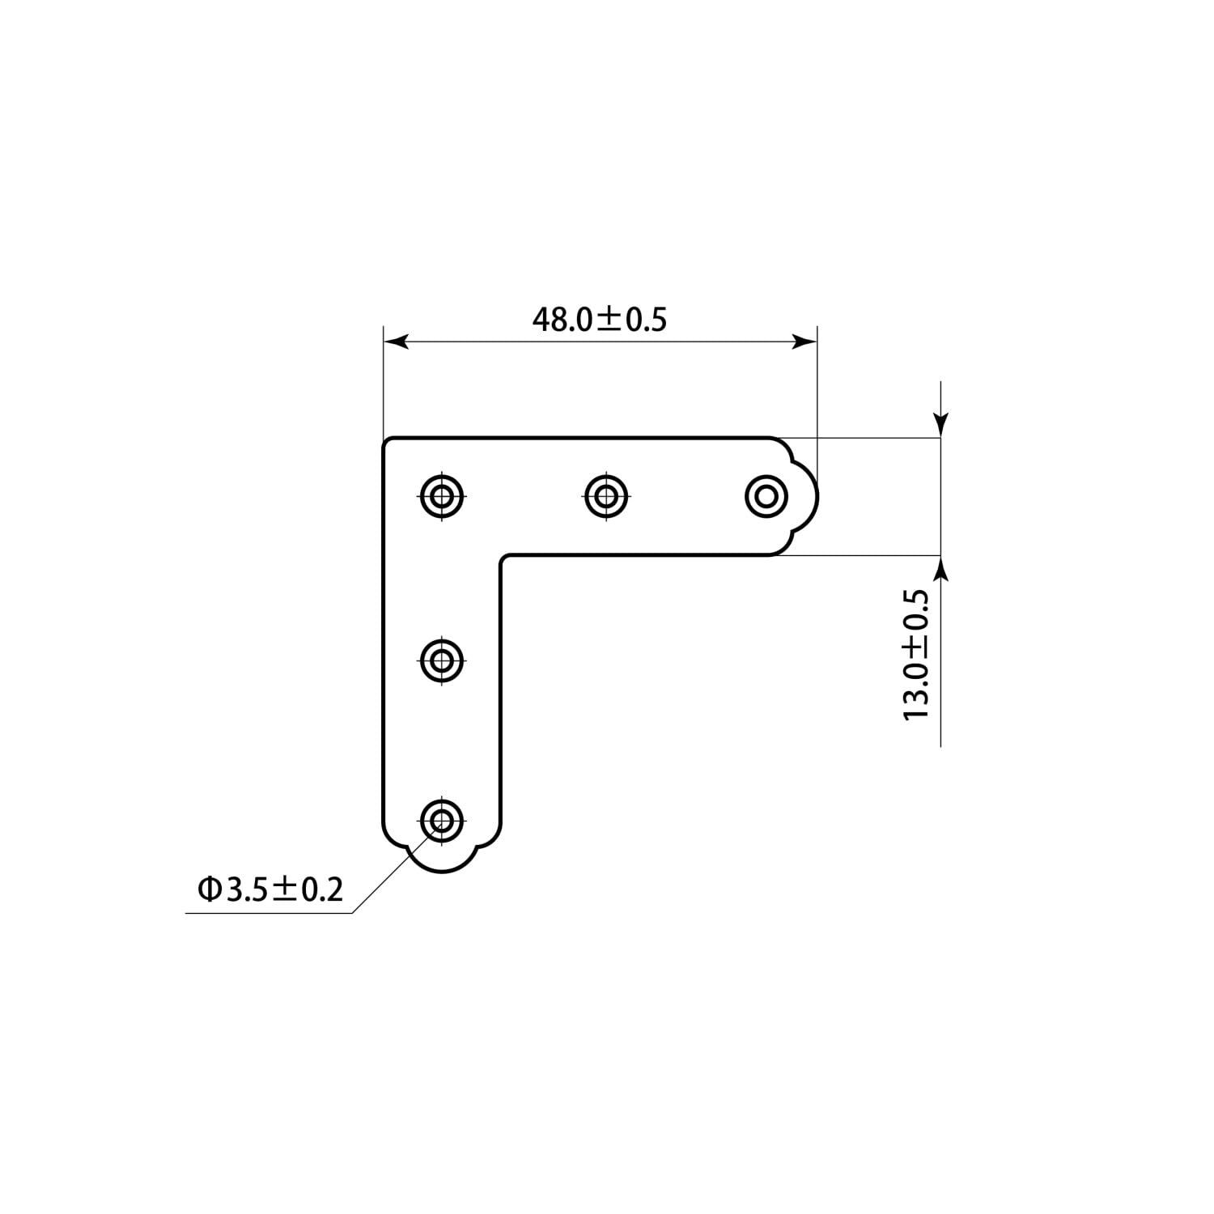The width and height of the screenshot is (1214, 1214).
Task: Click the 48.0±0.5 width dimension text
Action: pyautogui.click(x=599, y=320)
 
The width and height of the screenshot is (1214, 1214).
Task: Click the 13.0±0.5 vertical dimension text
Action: pyautogui.click(x=916, y=655)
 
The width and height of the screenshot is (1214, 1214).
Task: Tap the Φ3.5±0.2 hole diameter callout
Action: pyautogui.click(x=270, y=890)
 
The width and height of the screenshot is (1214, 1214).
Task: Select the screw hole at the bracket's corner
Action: pyautogui.click(x=442, y=494)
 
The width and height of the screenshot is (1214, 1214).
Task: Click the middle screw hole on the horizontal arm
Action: pyautogui.click(x=605, y=494)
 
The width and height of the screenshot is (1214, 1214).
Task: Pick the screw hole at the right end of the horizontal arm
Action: pyautogui.click(x=766, y=494)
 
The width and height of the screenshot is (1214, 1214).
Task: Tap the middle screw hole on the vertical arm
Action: pyautogui.click(x=442, y=660)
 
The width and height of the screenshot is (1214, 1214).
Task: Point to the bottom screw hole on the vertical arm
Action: pyautogui.click(x=442, y=821)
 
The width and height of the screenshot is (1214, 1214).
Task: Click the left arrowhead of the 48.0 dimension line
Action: pyautogui.click(x=396, y=342)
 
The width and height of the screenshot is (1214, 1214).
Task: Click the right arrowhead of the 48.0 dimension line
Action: pyautogui.click(x=804, y=342)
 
